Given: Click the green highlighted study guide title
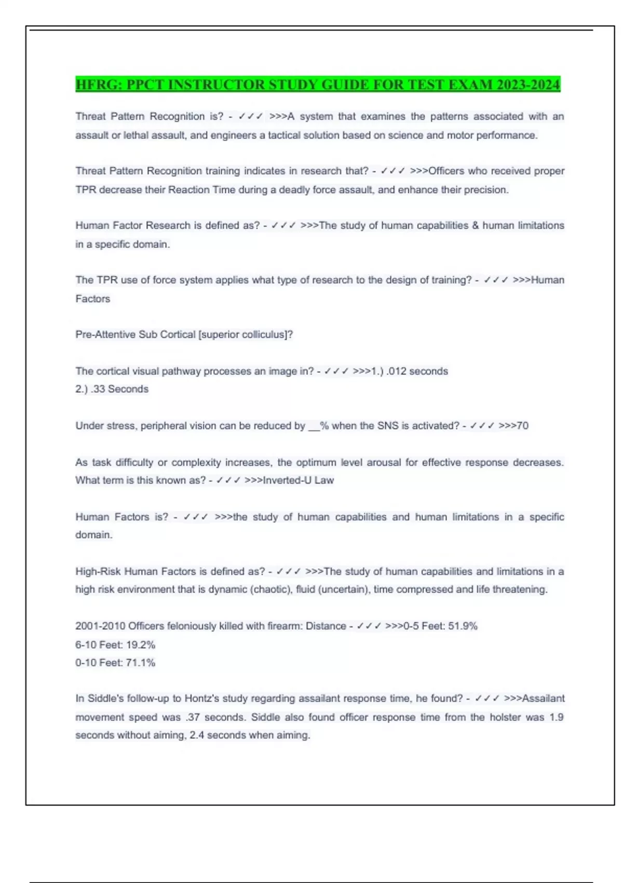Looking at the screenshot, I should point(318,84).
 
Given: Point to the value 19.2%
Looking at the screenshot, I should point(140,645).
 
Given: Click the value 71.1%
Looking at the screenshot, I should point(140,663).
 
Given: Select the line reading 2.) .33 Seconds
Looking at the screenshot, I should point(112,389).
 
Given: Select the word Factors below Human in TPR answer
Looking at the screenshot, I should point(93,299).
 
